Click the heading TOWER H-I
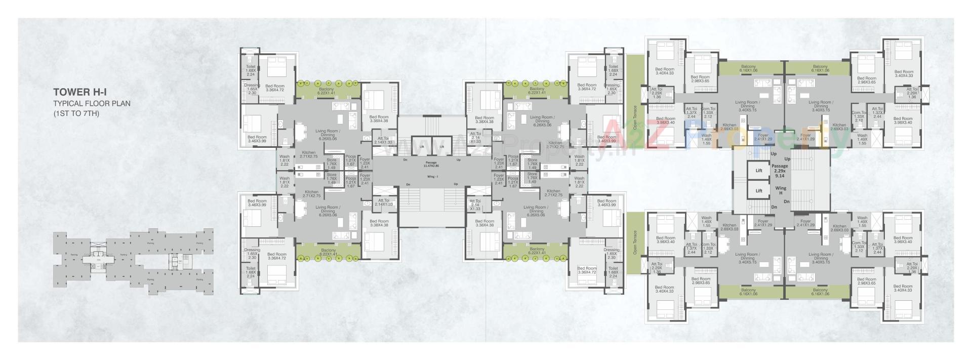tap(80, 93)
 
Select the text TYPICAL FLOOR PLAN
tap(92, 103)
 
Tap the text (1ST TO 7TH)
tap(76, 113)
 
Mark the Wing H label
tap(780, 190)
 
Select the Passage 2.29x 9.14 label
tap(780, 171)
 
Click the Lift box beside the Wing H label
tap(758, 191)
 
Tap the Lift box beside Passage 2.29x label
tap(758, 171)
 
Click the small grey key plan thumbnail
tap(133, 262)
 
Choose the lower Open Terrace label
tap(635, 243)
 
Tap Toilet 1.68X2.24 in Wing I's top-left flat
tap(251, 70)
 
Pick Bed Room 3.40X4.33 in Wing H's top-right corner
tap(903, 74)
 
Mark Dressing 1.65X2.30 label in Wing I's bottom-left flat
tap(252, 254)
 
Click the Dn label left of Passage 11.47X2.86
tap(404, 160)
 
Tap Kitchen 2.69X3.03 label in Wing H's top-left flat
tap(729, 127)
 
